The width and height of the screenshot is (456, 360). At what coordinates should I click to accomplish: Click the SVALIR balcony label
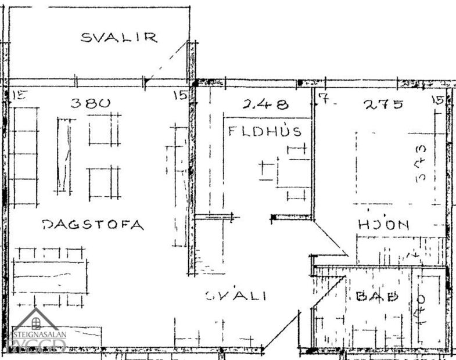coord(119,38)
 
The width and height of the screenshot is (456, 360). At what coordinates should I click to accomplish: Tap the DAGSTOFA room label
coord(93,225)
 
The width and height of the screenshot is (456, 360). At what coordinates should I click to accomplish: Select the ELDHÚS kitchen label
coord(265,131)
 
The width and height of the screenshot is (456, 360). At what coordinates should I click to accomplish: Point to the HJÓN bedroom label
coord(384,225)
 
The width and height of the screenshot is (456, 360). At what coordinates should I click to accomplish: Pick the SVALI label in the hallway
coord(236,296)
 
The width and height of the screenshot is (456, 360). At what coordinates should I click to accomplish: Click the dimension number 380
coord(90,103)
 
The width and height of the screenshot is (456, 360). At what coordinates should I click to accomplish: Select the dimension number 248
coord(265,105)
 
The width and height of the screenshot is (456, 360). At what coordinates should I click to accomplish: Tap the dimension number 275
coord(383,105)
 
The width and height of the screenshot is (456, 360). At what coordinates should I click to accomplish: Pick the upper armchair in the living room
coord(105,129)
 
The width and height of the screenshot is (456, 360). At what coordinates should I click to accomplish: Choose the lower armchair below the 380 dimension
coord(105,183)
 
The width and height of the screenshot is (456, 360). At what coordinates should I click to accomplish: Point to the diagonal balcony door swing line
coord(166,61)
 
